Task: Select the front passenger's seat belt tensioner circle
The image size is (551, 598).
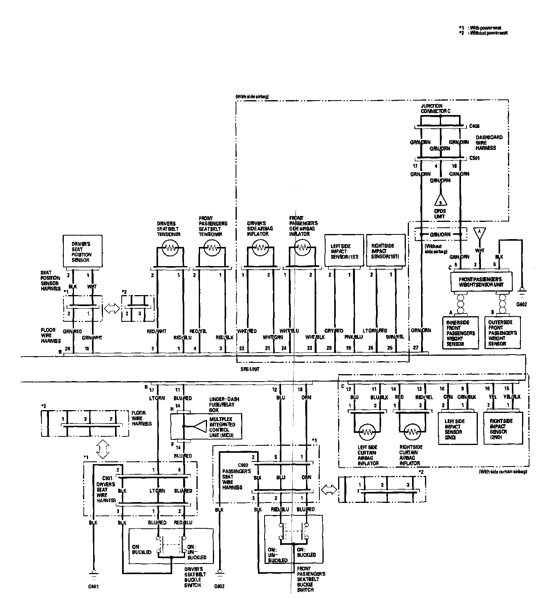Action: coord(212,248)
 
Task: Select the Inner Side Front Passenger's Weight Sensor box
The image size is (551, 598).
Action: coord(461,333)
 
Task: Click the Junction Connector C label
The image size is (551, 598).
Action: coord(436,108)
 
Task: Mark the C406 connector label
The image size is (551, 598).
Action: coord(474,126)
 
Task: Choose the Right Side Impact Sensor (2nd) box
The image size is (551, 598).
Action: coord(503,429)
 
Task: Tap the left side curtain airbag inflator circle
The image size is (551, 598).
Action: coord(367,432)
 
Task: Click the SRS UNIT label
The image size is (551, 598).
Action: coord(250,369)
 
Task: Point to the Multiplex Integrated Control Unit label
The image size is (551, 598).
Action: coord(222,427)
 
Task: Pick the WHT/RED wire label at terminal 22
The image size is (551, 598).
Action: coord(247,331)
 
